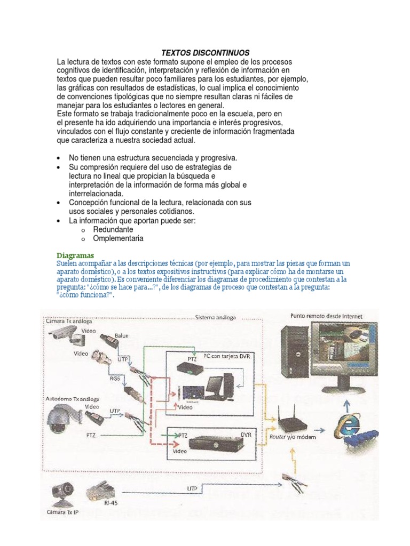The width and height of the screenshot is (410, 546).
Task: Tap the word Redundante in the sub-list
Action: coord(113,229)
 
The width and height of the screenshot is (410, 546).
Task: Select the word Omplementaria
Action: coord(118,238)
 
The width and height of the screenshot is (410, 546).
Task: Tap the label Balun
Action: coord(122,336)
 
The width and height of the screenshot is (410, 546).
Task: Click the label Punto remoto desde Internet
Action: coord(326,316)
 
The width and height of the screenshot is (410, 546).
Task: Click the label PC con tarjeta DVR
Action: coord(227,354)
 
